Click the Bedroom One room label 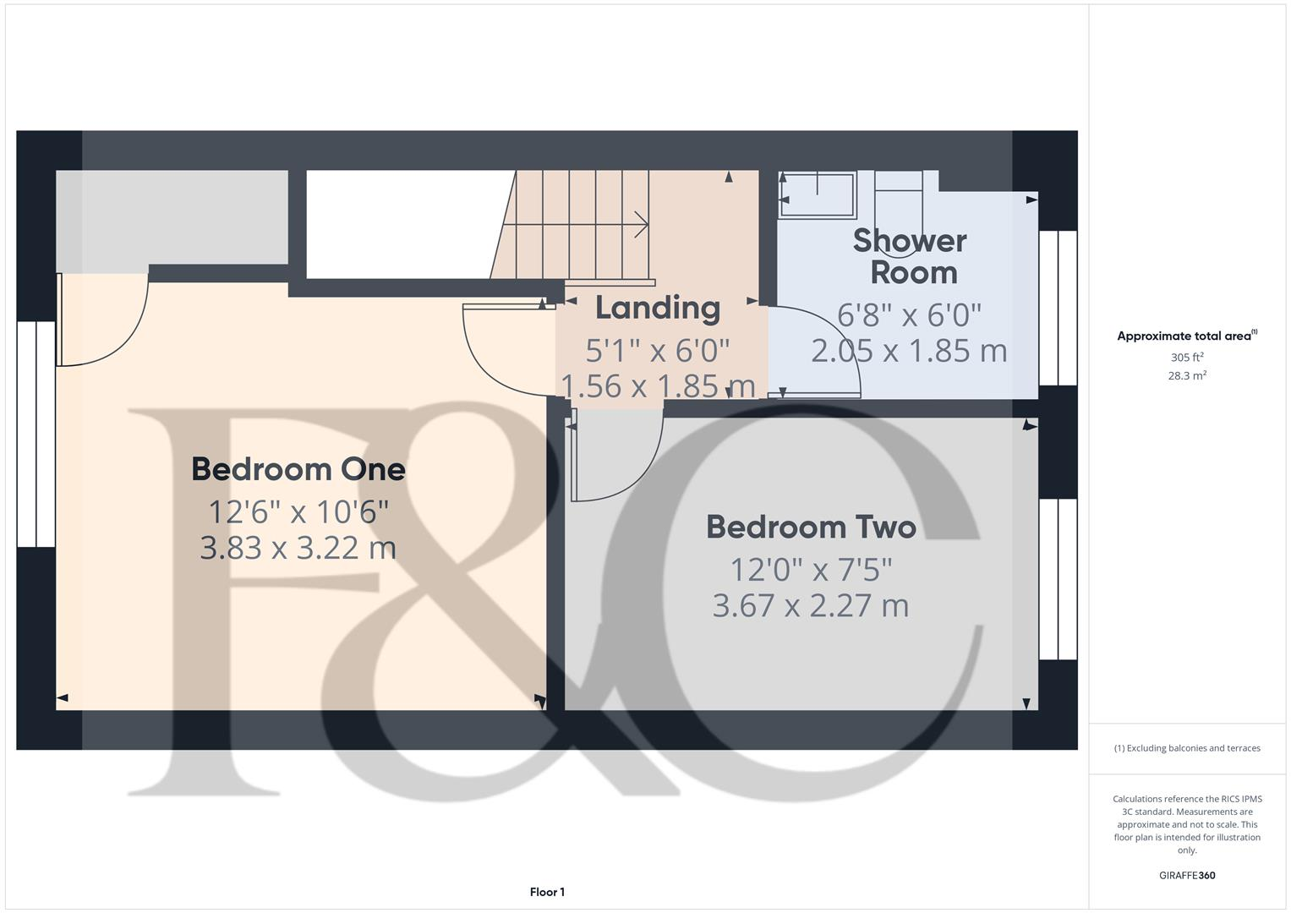pyautogui.click(x=298, y=469)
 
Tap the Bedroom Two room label pyautogui.click(x=811, y=528)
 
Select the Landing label pyautogui.click(x=658, y=308)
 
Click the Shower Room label pyautogui.click(x=910, y=256)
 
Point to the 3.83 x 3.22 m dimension pyautogui.click(x=298, y=548)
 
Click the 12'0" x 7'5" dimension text pyautogui.click(x=811, y=570)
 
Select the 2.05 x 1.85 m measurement pyautogui.click(x=909, y=351)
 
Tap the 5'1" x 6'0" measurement pyautogui.click(x=658, y=349)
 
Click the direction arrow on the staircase pyautogui.click(x=641, y=225)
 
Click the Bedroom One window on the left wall pyautogui.click(x=36, y=434)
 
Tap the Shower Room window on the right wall pyautogui.click(x=1058, y=308)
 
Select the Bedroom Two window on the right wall pyautogui.click(x=1058, y=579)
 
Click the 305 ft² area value pyautogui.click(x=1187, y=358)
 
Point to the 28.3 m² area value pyautogui.click(x=1187, y=376)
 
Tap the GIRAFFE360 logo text pyautogui.click(x=1187, y=876)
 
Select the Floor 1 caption pyautogui.click(x=547, y=892)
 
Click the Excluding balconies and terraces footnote pyautogui.click(x=1187, y=748)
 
